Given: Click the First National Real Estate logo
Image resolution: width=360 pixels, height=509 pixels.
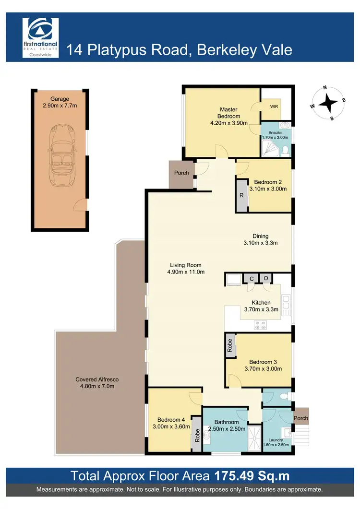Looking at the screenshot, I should point(41,37).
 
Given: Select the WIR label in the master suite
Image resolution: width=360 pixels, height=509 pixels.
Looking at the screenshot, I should point(273,107).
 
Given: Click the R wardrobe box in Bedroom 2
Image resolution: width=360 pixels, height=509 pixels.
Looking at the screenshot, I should point(241,196).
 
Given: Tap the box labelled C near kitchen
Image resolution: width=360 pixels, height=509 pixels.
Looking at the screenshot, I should point(251,279).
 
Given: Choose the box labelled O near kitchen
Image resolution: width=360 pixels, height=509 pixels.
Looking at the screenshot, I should point(265,279).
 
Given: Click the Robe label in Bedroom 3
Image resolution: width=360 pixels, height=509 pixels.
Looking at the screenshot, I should point(230,345).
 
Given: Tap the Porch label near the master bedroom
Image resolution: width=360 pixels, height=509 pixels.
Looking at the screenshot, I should point(181,173).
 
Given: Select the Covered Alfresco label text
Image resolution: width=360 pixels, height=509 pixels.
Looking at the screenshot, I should point(97,379).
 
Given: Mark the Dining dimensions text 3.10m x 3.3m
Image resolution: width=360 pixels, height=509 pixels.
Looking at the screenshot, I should point(261,243).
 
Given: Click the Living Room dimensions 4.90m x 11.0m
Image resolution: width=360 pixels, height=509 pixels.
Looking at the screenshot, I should point(186,272).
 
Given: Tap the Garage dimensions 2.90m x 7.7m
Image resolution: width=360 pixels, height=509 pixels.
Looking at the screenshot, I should point(57,105).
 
